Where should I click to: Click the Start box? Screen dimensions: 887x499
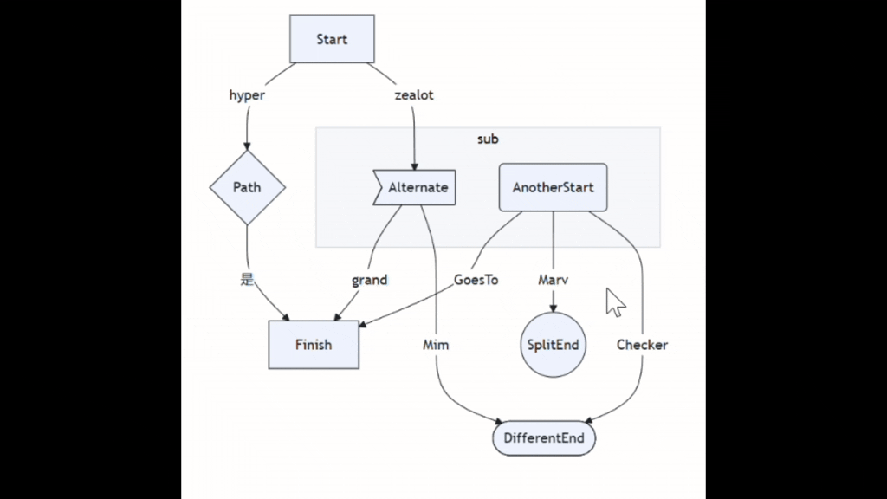pos(332,39)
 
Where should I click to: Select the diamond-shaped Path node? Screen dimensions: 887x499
pos(247,187)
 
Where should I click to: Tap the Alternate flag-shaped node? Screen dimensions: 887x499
pos(414,187)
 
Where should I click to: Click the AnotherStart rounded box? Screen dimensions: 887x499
pos(554,187)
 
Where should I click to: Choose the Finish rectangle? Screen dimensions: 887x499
pos(314,345)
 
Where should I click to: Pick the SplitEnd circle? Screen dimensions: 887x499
pos(554,345)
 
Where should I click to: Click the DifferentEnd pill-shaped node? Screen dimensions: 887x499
pos(544,437)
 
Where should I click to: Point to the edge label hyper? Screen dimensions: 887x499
pos(247,95)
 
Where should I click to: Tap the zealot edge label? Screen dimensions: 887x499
pos(414,95)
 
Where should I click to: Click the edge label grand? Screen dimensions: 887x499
pos(369,280)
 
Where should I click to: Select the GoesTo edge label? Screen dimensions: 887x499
pos(476,280)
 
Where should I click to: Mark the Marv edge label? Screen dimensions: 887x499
pos(554,280)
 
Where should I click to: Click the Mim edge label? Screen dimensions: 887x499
pos(436,345)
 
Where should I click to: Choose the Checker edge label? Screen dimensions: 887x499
pos(642,345)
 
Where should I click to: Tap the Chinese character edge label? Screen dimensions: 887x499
pos(247,279)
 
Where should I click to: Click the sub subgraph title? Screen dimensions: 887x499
pos(489,139)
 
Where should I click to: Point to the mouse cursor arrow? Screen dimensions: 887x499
pos(614,302)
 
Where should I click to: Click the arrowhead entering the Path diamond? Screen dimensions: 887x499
pos(247,146)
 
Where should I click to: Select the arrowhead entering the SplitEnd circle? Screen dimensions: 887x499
pos(554,308)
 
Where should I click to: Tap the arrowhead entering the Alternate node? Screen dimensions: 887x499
pos(414,166)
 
